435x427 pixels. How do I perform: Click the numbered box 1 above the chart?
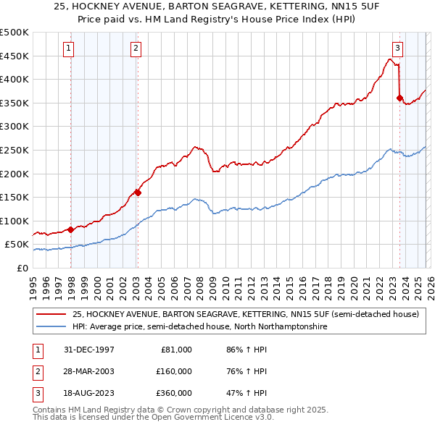click(x=68, y=48)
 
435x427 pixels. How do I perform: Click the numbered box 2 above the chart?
click(x=136, y=48)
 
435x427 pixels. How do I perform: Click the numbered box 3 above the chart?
click(x=397, y=48)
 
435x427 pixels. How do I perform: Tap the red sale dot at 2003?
click(x=138, y=193)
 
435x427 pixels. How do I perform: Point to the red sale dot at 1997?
click(x=71, y=229)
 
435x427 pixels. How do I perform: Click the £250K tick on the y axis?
click(x=14, y=150)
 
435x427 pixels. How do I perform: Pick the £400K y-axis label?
click(x=14, y=80)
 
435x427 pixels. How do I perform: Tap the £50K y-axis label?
click(x=17, y=245)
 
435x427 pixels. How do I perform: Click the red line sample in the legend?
click(x=51, y=315)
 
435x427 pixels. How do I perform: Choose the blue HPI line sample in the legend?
click(x=51, y=327)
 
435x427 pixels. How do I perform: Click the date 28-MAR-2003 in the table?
click(x=89, y=371)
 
